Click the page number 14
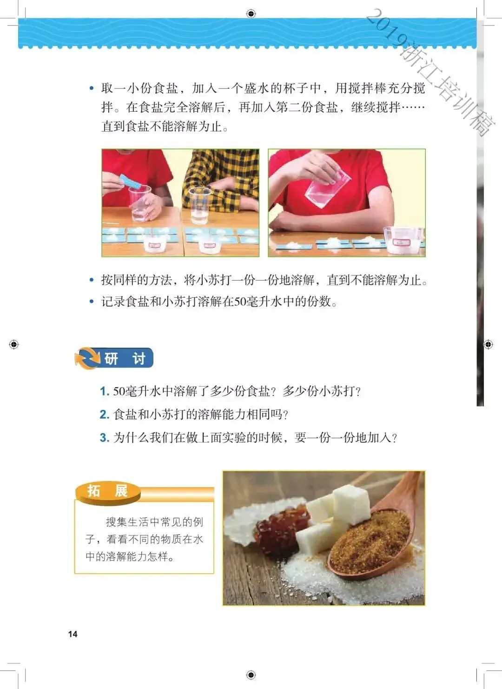pos(73,634)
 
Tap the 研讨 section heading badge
pos(114,358)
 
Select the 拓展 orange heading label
pos(108,491)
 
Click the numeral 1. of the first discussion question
pos(105,392)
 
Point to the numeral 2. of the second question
pos(105,415)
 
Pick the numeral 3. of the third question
pos(105,438)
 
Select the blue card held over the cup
pos(131,181)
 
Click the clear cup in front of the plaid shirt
pos(200,206)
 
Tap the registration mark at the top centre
pos(251,13)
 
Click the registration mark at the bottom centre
pos(251,675)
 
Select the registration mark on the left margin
pos(14,344)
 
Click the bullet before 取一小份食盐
pos(91,88)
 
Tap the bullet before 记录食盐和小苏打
pos(91,301)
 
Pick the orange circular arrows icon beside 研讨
pos(87,358)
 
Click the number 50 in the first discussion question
pos(119,392)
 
